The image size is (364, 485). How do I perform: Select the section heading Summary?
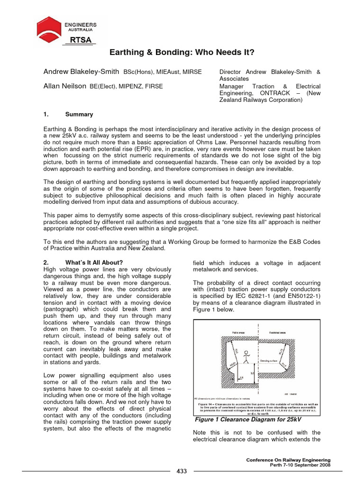79,115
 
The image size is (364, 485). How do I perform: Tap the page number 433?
182,471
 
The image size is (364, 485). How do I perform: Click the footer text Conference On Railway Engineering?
289,460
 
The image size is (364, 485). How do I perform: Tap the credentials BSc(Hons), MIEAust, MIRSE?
163,72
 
